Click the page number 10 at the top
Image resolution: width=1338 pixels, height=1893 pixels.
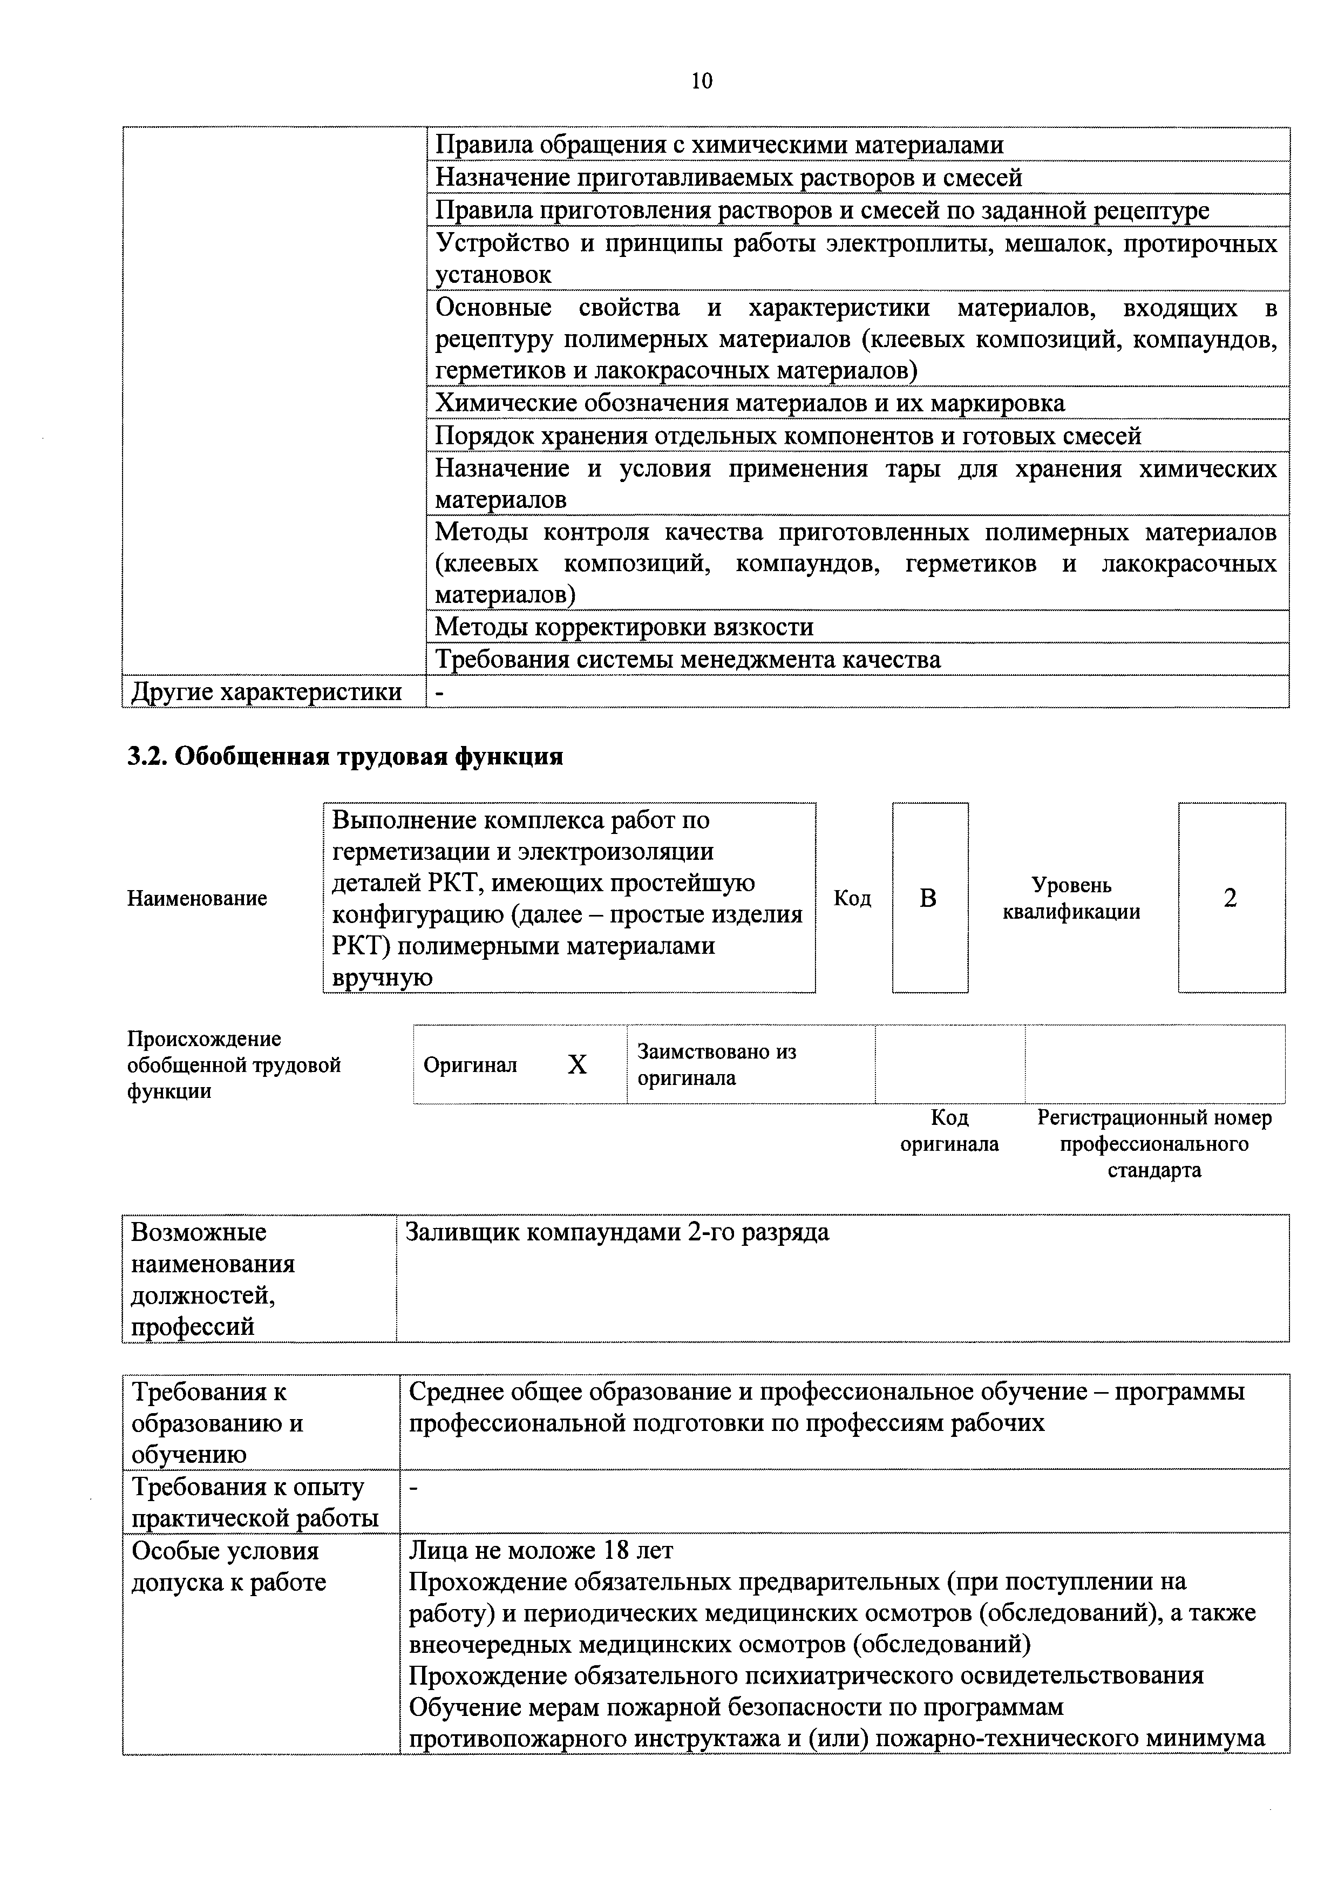[x=702, y=81]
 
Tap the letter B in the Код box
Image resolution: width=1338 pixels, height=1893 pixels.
[x=928, y=898]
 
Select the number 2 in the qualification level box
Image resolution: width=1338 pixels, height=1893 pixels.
[x=1230, y=898]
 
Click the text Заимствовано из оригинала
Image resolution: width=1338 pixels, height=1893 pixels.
[x=716, y=1064]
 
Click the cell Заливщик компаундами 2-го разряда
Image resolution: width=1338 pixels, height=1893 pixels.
[x=617, y=1233]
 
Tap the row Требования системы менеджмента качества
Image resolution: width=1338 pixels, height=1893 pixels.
[x=688, y=660]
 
